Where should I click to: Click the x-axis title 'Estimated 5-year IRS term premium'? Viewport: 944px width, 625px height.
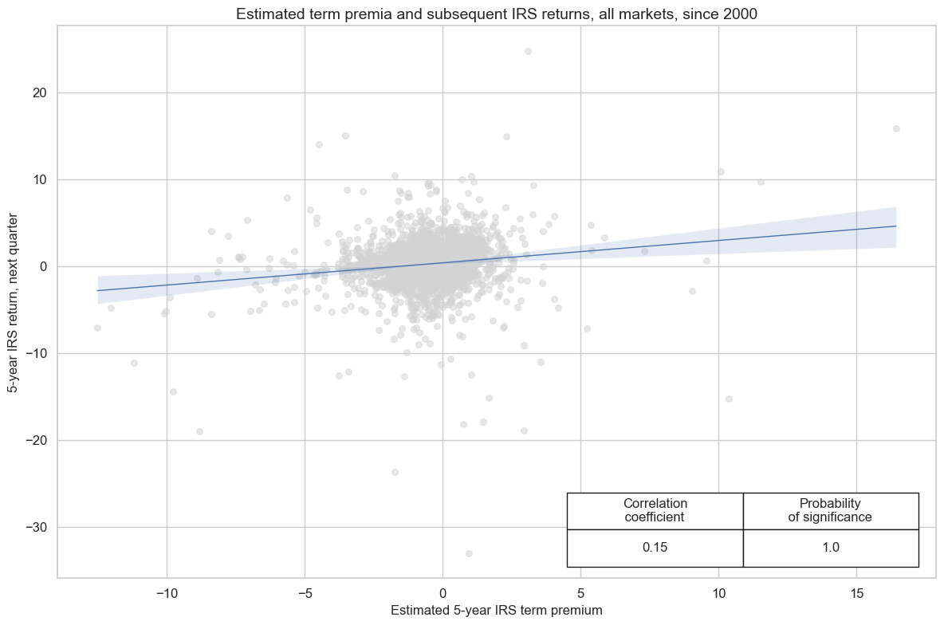click(496, 610)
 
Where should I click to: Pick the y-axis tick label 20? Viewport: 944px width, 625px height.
click(40, 93)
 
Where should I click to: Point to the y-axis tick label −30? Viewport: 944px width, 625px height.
click(36, 528)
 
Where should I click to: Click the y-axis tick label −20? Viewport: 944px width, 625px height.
click(36, 441)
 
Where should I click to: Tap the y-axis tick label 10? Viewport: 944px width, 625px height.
click(40, 180)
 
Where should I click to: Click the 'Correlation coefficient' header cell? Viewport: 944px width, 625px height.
click(655, 510)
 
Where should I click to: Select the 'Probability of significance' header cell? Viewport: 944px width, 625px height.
click(830, 510)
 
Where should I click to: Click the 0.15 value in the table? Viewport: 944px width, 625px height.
click(655, 548)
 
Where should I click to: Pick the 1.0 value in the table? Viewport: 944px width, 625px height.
click(830, 548)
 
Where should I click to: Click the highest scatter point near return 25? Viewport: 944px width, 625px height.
click(528, 51)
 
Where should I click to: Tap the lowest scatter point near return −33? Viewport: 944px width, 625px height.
click(469, 553)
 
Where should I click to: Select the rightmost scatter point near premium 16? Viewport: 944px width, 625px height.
click(896, 128)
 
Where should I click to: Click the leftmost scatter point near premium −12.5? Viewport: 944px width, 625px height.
click(97, 328)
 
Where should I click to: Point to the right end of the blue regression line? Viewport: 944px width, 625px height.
click(896, 226)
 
